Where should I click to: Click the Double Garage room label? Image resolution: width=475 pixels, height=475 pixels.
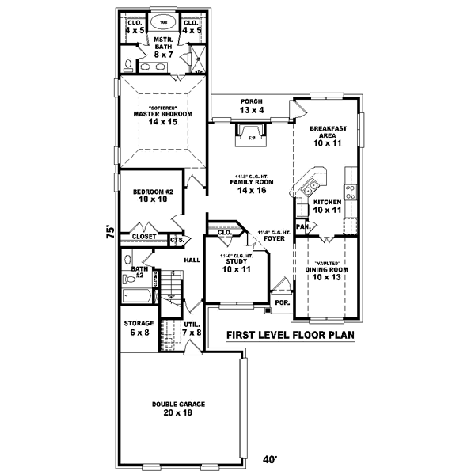pyautogui.click(x=178, y=408)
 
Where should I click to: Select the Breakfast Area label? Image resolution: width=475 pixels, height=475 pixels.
pyautogui.click(x=325, y=135)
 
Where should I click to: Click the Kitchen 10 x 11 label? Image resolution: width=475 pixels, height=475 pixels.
pyautogui.click(x=326, y=207)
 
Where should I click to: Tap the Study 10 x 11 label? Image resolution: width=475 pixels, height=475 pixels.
pyautogui.click(x=235, y=264)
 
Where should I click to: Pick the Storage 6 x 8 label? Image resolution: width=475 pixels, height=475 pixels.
pyautogui.click(x=138, y=329)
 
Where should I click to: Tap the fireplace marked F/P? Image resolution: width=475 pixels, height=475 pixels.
pyautogui.click(x=250, y=138)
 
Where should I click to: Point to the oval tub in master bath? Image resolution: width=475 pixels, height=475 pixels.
pyautogui.click(x=163, y=22)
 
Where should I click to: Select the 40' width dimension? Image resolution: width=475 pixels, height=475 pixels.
pyautogui.click(x=271, y=458)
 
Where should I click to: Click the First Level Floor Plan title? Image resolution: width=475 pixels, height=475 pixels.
pyautogui.click(x=289, y=335)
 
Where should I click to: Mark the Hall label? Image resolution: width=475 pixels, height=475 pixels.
pyautogui.click(x=192, y=260)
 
